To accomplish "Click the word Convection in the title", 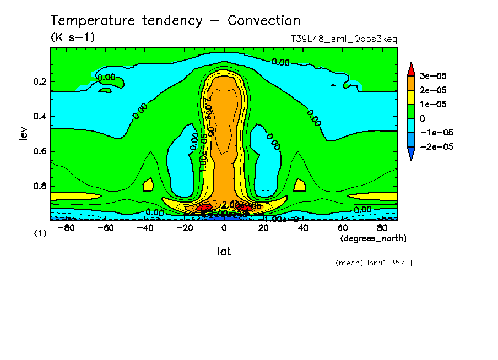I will [x=264, y=21].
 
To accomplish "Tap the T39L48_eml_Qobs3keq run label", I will [x=344, y=39].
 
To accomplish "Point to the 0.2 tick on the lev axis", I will [x=40, y=82].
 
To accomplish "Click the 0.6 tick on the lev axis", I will [x=40, y=151].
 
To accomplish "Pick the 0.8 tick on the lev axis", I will [x=40, y=186].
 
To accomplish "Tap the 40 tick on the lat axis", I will [x=303, y=227].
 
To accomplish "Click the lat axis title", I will [x=224, y=252].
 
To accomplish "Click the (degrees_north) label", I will [x=373, y=238].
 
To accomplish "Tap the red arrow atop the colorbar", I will [x=411, y=68].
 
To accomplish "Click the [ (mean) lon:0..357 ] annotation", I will [x=370, y=263].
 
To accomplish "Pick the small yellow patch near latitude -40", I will [x=147, y=185].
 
